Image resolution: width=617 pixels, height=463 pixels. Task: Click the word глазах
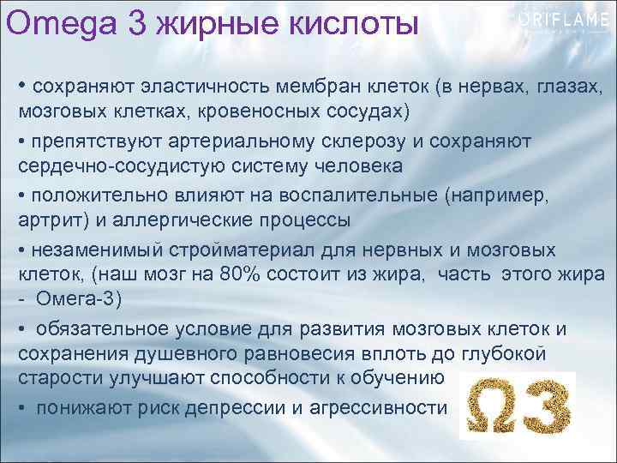tap(566, 87)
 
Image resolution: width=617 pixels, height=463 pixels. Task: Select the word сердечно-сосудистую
tap(110, 165)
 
